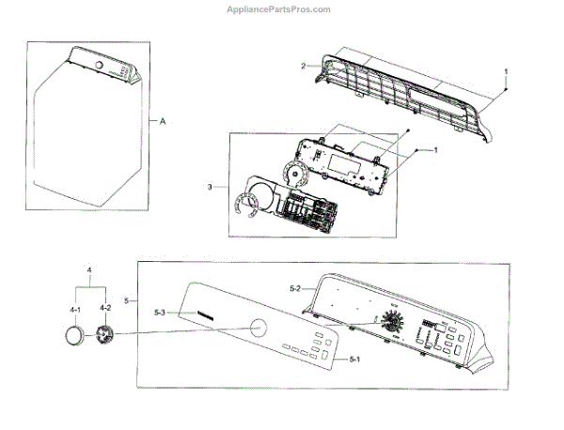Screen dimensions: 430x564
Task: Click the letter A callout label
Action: point(163,121)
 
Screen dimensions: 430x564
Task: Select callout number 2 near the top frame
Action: point(304,66)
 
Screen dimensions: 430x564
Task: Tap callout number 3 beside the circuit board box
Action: point(210,188)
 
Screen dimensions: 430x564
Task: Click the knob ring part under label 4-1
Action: point(72,335)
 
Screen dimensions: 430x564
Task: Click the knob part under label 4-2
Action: point(105,335)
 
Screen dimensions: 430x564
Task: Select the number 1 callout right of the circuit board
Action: point(434,150)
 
